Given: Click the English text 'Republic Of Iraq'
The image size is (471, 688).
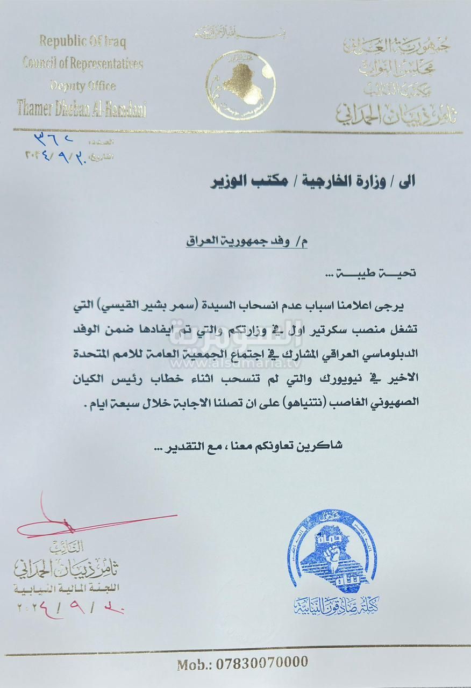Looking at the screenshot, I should [x=82, y=42].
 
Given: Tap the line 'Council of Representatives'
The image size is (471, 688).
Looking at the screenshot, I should [x=83, y=63].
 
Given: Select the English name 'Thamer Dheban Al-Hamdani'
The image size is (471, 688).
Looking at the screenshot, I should [x=81, y=109].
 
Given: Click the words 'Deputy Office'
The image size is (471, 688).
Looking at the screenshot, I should [x=83, y=85].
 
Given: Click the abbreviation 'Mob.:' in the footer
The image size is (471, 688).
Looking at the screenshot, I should [x=195, y=664].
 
